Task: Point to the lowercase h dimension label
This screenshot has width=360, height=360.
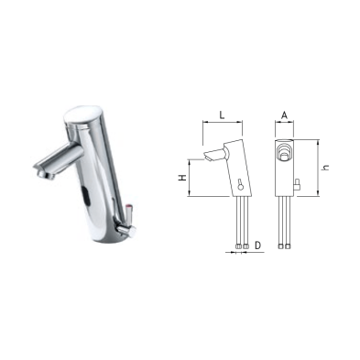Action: tap(327, 168)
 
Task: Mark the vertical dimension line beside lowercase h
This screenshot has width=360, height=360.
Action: tap(318, 168)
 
